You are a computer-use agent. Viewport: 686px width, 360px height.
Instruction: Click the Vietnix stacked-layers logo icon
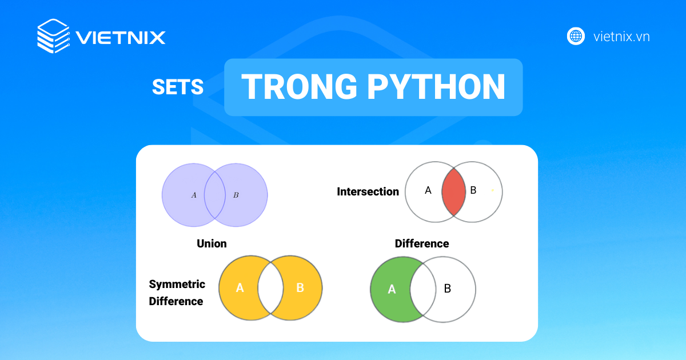(54, 36)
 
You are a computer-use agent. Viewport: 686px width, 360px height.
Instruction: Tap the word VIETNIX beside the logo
(121, 38)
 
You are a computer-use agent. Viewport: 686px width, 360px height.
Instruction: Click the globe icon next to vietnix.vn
(576, 37)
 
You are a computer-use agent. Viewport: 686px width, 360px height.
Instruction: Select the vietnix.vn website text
(621, 37)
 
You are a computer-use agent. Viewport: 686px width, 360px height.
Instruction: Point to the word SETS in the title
(178, 87)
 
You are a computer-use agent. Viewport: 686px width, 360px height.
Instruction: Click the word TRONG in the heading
(299, 87)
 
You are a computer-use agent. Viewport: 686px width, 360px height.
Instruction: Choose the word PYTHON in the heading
(436, 87)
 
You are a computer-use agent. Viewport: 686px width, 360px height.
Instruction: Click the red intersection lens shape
(453, 192)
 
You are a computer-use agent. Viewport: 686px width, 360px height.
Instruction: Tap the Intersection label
(368, 191)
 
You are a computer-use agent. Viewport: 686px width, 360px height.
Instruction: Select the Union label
(212, 243)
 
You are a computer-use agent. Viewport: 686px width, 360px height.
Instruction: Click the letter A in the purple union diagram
(194, 195)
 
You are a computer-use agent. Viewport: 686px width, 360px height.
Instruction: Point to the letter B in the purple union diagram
(236, 195)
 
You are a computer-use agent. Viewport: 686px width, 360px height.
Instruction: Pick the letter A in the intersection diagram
(428, 190)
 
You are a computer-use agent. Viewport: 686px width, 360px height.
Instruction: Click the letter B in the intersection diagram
(473, 190)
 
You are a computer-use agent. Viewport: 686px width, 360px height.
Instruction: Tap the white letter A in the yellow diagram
(240, 288)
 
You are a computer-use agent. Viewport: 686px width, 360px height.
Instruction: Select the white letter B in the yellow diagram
(300, 288)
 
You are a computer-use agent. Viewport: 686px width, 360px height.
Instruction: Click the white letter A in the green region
(392, 289)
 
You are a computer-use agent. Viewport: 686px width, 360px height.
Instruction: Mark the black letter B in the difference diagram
(448, 289)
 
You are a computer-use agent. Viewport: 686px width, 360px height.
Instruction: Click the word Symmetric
(177, 285)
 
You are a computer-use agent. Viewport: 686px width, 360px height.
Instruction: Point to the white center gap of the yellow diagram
(270, 288)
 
